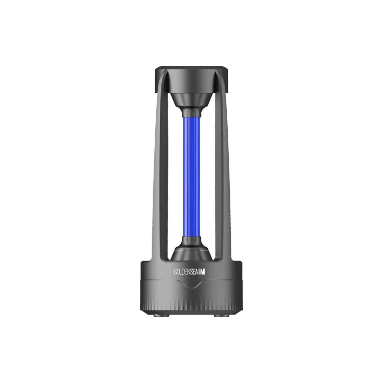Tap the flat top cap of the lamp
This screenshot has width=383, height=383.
192,71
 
